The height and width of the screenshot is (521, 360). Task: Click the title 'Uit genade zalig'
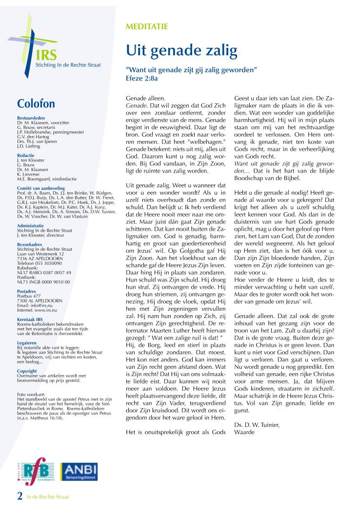pyautogui.click(x=181, y=50)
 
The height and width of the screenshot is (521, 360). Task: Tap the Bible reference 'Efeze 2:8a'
pyautogui.click(x=142, y=78)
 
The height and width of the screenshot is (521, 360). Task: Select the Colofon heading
pyautogui.click(x=36, y=104)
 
